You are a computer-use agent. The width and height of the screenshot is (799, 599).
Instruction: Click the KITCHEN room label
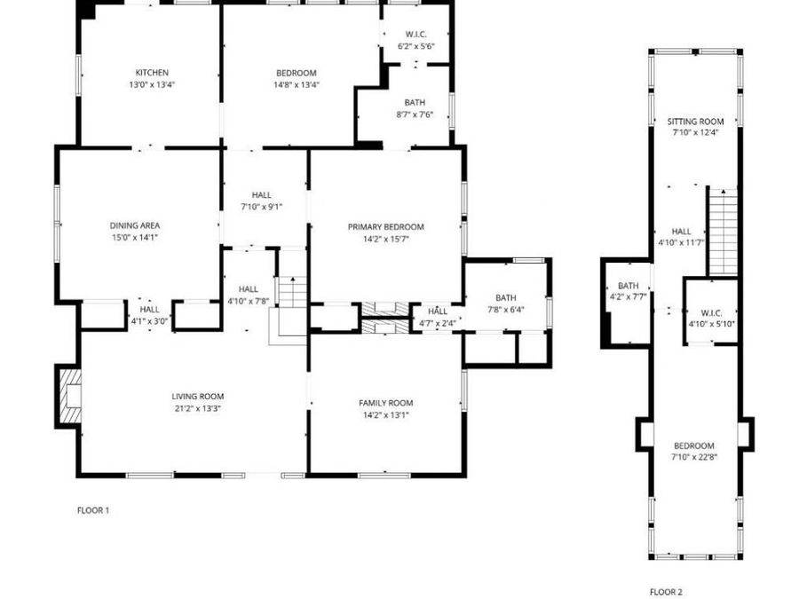click(x=152, y=73)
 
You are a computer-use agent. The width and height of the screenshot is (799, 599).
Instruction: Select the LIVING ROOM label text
click(x=198, y=397)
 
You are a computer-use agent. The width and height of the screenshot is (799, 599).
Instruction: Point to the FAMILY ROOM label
click(x=385, y=403)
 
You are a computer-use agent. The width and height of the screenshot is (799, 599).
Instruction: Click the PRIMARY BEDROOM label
click(x=385, y=227)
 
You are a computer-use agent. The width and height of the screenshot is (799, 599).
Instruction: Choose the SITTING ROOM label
click(x=695, y=122)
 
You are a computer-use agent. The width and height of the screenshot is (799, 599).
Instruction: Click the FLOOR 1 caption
click(x=93, y=510)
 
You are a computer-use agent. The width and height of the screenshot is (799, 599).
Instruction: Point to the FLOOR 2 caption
click(x=666, y=592)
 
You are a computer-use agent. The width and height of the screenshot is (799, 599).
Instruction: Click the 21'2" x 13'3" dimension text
click(x=198, y=409)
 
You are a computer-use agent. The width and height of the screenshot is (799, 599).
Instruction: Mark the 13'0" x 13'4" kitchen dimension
click(x=152, y=85)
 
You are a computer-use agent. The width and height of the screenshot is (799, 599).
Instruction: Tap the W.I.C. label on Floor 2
click(x=710, y=312)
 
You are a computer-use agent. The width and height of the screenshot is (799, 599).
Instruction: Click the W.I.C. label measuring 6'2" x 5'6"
click(x=415, y=34)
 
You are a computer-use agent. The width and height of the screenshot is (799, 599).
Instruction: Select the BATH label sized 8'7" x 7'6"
click(x=414, y=103)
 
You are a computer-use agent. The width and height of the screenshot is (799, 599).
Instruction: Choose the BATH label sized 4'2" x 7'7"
click(x=628, y=286)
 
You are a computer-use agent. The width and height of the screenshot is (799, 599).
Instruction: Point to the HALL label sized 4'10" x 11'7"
click(x=681, y=231)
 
